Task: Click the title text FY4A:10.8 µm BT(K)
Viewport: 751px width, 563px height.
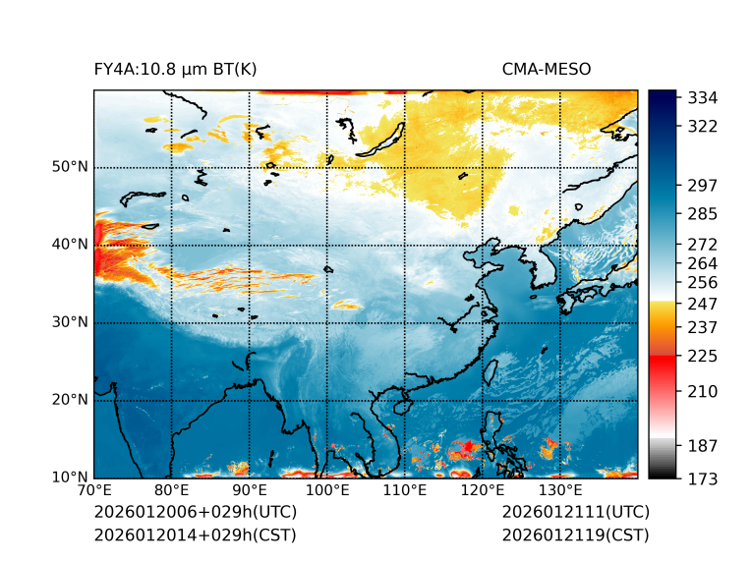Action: [x=175, y=69]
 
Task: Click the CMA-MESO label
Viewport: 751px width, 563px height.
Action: [x=547, y=69]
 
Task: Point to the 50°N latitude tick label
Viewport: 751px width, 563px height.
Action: [x=70, y=167]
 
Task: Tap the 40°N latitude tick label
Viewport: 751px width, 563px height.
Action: [x=70, y=245]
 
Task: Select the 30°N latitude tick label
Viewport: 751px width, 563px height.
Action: [x=70, y=322]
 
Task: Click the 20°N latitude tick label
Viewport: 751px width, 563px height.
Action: [x=70, y=400]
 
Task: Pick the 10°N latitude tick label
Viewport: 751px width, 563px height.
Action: [x=70, y=478]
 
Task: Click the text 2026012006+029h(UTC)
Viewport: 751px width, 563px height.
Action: [x=195, y=513]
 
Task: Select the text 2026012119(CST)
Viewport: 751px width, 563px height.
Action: [x=575, y=535]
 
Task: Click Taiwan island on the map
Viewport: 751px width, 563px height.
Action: [x=491, y=371]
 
